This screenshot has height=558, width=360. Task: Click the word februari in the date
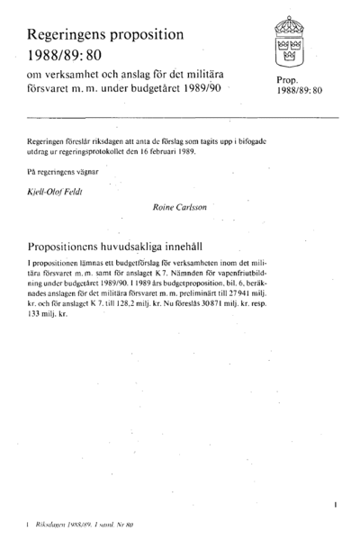[168, 151]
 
